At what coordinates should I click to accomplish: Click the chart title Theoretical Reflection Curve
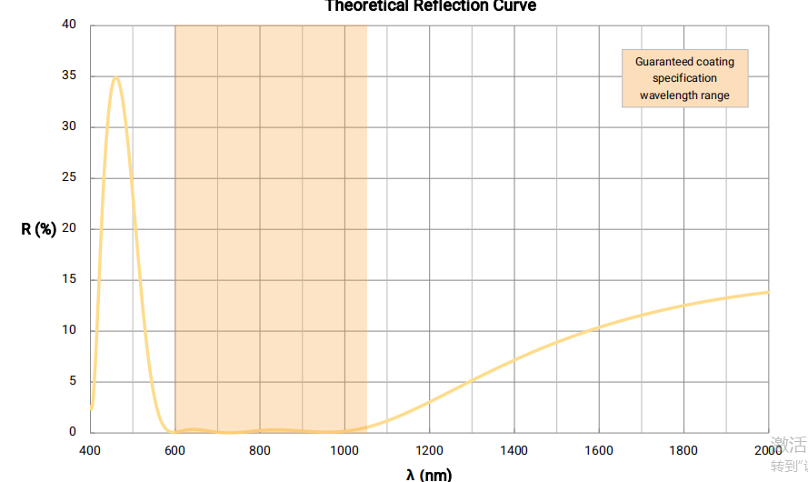(431, 6)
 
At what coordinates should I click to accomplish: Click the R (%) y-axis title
(39, 229)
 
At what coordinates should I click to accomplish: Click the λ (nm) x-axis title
(429, 474)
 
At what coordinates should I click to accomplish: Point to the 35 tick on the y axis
(70, 76)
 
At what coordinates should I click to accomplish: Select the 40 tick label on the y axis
(70, 25)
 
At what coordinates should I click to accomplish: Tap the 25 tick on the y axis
(70, 177)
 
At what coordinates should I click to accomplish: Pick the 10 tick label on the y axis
(70, 330)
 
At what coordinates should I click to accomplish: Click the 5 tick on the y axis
(73, 381)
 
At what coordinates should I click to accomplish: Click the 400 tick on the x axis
(90, 450)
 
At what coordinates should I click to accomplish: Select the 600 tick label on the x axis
(175, 450)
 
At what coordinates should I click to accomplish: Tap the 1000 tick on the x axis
(344, 450)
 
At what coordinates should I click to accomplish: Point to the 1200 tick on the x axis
(429, 450)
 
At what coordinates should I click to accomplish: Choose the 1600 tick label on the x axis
(599, 450)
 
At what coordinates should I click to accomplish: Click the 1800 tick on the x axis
(683, 450)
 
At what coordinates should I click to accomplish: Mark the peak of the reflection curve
(115, 77)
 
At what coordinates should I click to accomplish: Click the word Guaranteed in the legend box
(663, 62)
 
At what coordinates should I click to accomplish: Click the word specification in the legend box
(684, 78)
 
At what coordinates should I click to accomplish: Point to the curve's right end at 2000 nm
(768, 292)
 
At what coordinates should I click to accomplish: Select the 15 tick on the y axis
(70, 279)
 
